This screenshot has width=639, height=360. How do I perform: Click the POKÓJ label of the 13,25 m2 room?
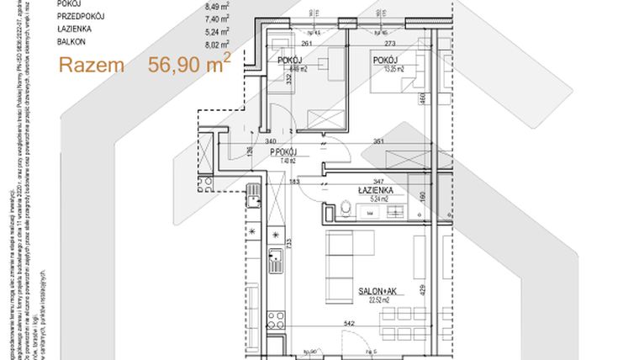click(385, 60)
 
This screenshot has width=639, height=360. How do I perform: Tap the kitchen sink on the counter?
click(274, 257)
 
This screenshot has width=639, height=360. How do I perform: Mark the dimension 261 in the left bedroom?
click(307, 44)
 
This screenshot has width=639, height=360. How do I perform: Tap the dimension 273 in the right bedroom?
click(389, 44)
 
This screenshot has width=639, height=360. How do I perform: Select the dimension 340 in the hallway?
click(269, 141)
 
